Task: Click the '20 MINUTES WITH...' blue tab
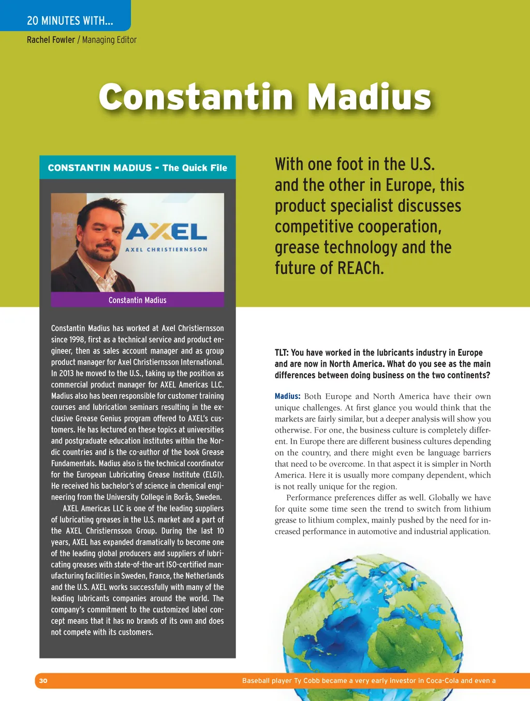pos(69,21)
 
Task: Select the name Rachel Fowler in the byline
pos(51,40)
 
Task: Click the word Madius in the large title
pos(369,97)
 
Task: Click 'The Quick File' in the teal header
pos(195,168)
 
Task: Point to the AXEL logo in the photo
pos(166,232)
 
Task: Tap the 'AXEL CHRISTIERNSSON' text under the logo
pos(166,249)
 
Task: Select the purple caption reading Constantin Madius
pos(137,300)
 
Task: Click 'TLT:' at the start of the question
pos(282,353)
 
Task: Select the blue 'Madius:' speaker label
pos(287,396)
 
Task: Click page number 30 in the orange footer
pos(43,681)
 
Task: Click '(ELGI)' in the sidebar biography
pos(213,475)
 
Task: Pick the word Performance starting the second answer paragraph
pos(309,498)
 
